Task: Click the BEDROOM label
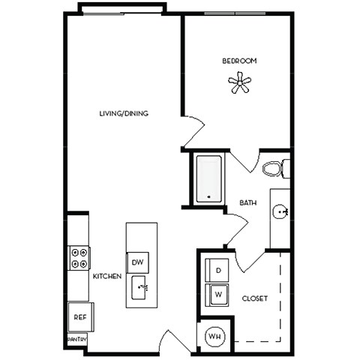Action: (x=239, y=60)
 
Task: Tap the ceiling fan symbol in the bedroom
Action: (x=240, y=83)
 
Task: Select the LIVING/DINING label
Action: (x=124, y=114)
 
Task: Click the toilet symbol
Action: (x=275, y=169)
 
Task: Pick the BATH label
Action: (x=248, y=203)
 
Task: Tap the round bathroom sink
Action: (x=280, y=212)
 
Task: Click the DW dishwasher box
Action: (x=137, y=262)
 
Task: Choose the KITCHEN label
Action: (x=106, y=277)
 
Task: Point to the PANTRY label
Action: (x=78, y=340)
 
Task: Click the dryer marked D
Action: (x=218, y=270)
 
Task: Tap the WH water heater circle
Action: (x=214, y=335)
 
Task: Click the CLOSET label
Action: (x=255, y=298)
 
